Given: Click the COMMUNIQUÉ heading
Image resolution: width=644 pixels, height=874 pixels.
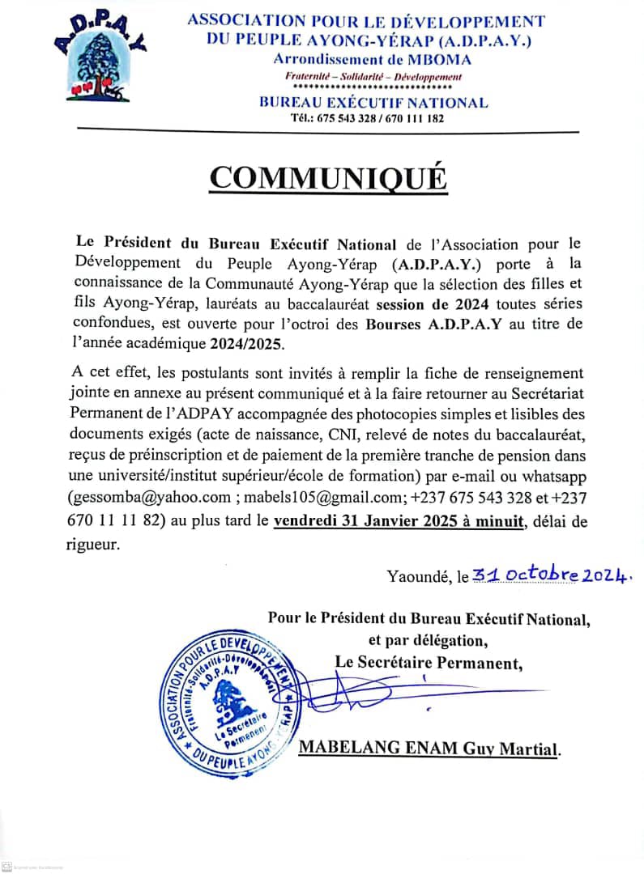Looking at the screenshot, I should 328,176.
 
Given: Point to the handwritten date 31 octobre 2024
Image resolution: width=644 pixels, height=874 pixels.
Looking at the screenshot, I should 552,575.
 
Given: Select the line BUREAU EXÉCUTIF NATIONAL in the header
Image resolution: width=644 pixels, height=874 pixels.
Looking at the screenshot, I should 373,103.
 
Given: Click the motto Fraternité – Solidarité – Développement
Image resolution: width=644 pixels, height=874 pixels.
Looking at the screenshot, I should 373,76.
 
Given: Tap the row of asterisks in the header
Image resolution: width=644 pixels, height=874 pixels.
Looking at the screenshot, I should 373,87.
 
